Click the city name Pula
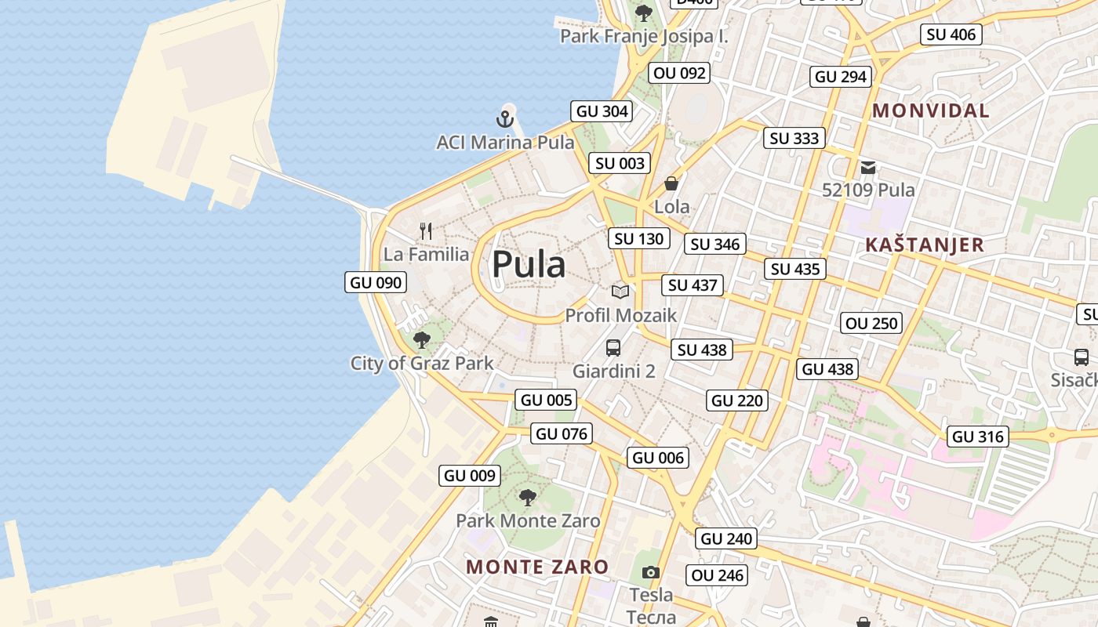(x=528, y=265)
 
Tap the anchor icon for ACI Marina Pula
(x=505, y=120)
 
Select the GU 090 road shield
(x=376, y=282)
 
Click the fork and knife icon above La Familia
(x=426, y=230)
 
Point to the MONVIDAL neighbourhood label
(x=931, y=111)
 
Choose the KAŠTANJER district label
(x=924, y=245)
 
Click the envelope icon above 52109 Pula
(x=868, y=167)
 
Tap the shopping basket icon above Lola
(x=671, y=183)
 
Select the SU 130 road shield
(x=639, y=238)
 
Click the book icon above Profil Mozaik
(x=620, y=292)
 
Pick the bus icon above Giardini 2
(x=613, y=347)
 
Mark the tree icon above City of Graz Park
(x=422, y=339)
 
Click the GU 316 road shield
(x=978, y=437)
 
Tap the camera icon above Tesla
(x=650, y=572)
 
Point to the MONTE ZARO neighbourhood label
(x=537, y=566)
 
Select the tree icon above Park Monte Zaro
(x=528, y=497)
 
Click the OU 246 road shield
(x=718, y=575)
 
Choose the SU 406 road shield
(x=951, y=34)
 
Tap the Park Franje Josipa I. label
(x=644, y=36)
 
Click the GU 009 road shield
(x=470, y=475)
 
